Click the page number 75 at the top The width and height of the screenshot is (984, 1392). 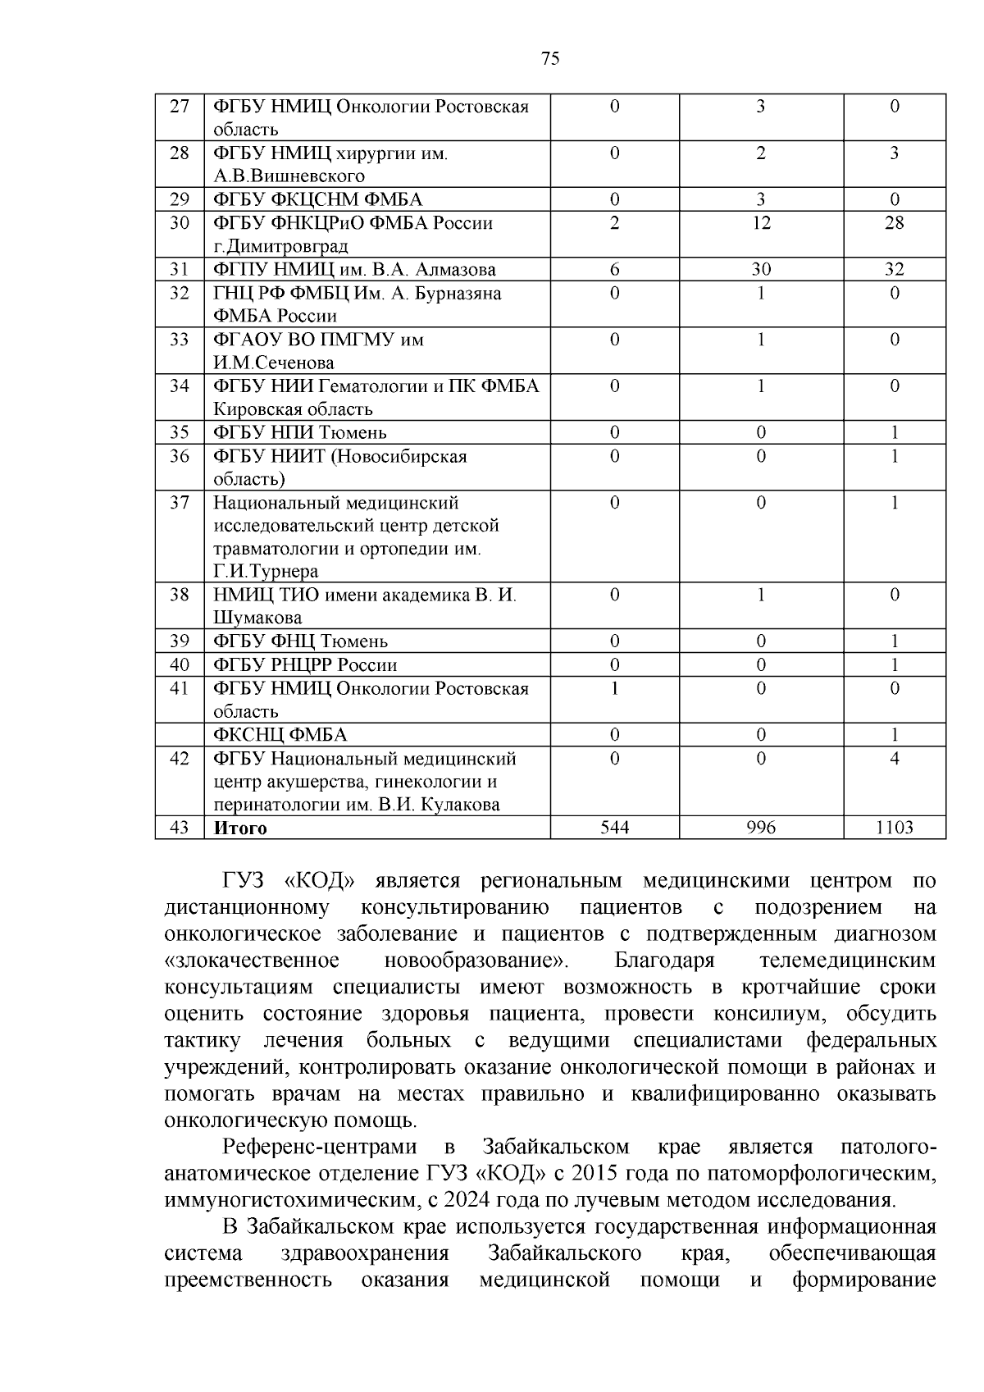pos(550,57)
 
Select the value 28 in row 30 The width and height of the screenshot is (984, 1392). pos(894,223)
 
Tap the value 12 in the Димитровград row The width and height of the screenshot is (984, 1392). pos(761,223)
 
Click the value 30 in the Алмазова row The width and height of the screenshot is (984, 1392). pos(761,270)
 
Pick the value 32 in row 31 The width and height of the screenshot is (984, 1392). pos(894,270)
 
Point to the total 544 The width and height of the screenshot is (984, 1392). pos(614,828)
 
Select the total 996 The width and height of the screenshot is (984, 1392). pos(761,828)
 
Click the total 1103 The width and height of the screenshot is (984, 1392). pos(894,828)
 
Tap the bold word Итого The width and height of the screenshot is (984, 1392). pos(240,828)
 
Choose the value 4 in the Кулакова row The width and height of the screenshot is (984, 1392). pos(894,759)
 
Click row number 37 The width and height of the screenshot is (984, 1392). pos(180,503)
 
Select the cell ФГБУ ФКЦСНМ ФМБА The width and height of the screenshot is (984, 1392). pos(318,199)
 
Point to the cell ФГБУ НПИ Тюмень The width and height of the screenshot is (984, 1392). pos(300,432)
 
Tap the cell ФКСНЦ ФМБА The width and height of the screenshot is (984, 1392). pos(280,735)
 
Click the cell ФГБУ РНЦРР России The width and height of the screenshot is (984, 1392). pos(305,665)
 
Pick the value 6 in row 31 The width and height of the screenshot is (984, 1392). pos(614,270)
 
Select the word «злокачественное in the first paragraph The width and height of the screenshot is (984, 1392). pos(253,961)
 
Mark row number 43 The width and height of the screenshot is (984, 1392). pos(180,828)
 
